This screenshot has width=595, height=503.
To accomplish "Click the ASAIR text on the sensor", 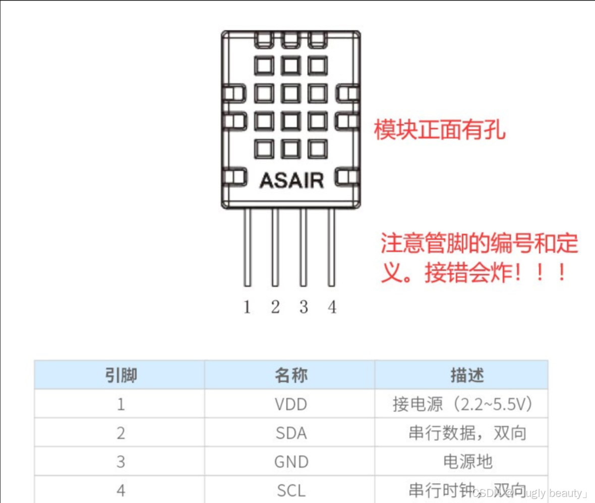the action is [291, 180].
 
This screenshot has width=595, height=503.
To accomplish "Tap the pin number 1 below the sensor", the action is [247, 307].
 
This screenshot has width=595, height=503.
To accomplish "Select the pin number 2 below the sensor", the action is [275, 307].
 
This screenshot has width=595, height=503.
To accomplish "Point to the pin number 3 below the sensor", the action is [303, 307].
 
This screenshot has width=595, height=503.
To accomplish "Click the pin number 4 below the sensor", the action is [332, 307].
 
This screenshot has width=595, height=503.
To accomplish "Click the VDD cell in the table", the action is [291, 404].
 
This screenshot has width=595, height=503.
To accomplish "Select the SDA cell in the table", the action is [291, 433].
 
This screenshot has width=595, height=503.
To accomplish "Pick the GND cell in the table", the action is [291, 462].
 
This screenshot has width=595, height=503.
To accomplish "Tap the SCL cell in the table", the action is [291, 490].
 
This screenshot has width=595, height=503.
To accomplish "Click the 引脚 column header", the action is [121, 375].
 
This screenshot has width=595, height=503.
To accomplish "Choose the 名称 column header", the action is [291, 375].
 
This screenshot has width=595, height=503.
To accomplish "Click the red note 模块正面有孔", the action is [439, 130].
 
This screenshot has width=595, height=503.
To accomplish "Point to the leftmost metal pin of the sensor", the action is [247, 247].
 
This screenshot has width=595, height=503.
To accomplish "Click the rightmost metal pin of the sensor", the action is [331, 247].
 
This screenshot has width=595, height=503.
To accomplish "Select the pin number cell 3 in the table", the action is [121, 462].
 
